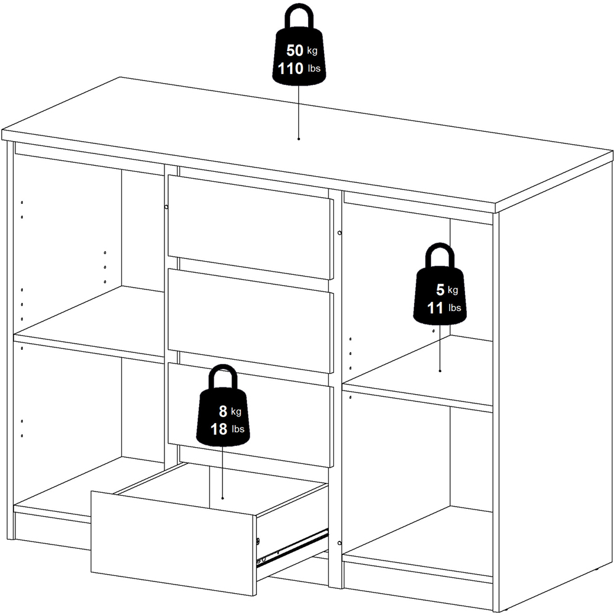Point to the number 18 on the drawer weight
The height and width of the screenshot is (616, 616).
pos(219,429)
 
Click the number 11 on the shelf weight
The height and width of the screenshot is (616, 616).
pos(436,307)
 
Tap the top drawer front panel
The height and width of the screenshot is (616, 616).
pos(249,225)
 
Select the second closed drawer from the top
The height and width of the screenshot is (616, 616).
pos(249,320)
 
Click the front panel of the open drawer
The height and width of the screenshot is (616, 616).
pos(172,542)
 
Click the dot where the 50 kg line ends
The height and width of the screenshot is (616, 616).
pos(299,139)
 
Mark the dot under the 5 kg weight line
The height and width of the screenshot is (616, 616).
pos(440,371)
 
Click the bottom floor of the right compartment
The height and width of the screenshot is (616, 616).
pos(419,542)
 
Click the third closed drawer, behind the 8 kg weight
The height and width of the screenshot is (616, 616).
pos(290,419)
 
